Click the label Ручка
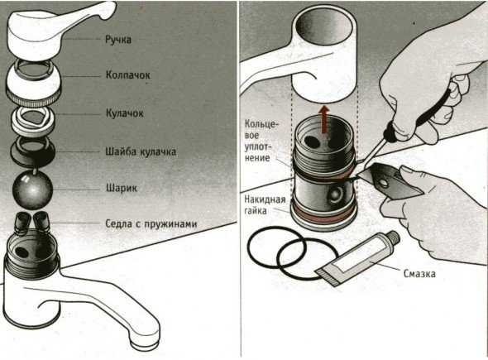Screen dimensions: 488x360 point(118,40)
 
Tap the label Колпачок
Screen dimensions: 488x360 point(128,75)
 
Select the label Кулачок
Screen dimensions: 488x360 point(125,113)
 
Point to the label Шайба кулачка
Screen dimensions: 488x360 point(141,151)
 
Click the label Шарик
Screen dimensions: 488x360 point(122,188)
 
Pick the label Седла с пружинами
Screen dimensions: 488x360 point(151,223)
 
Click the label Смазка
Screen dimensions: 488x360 point(419,273)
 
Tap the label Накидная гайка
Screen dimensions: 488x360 point(265,205)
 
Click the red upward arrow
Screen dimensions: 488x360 point(324,119)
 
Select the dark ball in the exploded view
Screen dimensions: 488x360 point(32,190)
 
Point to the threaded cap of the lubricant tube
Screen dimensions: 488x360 point(393,237)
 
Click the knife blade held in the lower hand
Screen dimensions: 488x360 point(389,181)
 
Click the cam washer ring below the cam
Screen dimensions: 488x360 point(33,151)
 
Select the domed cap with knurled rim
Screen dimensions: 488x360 point(34,83)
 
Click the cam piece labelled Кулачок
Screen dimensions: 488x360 point(34,121)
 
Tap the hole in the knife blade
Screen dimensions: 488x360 point(384,183)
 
